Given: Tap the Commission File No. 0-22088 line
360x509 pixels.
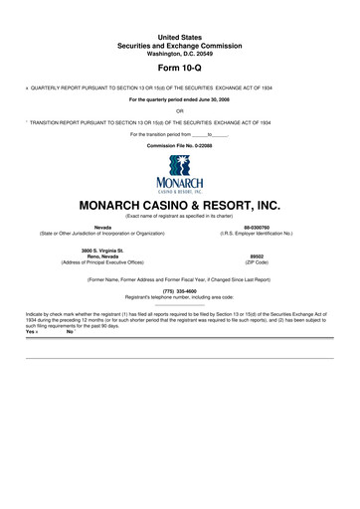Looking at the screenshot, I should click(x=180, y=144).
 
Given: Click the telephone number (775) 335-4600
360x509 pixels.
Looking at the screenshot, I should click(x=180, y=290).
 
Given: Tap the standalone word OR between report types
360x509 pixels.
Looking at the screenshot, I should click(x=180, y=110).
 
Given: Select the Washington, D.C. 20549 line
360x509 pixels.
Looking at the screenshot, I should click(x=180, y=52).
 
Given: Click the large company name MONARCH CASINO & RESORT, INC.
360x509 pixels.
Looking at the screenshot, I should click(x=180, y=205).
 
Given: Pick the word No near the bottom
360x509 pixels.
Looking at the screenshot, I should click(x=69, y=330).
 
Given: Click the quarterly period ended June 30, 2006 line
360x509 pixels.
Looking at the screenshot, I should click(x=180, y=99).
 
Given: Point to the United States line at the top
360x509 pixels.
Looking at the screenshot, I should click(x=180, y=36).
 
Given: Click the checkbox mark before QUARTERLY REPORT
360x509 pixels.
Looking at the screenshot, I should click(x=27, y=87).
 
